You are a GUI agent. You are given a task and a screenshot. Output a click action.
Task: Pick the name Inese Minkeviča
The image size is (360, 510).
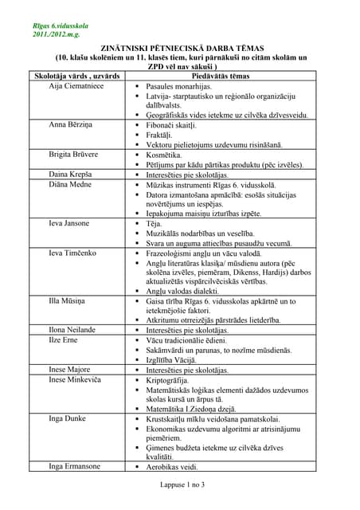[76, 379]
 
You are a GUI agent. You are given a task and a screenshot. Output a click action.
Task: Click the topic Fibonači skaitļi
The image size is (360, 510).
[178, 125]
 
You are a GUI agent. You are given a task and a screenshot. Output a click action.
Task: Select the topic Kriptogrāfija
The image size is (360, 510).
[174, 379]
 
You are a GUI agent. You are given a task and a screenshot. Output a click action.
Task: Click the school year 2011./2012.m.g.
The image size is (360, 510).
[57, 37]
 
